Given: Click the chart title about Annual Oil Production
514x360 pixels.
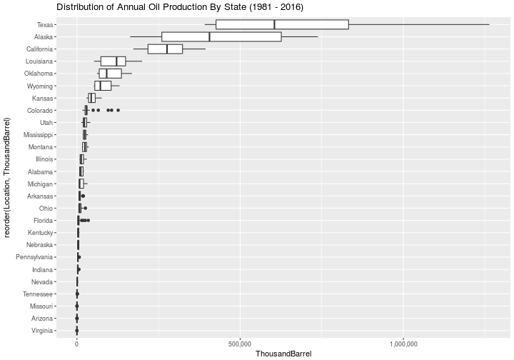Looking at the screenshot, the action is pos(180,7).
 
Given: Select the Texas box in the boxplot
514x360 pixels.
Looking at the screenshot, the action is pos(282,24).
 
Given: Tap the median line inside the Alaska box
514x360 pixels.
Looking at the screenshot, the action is pos(209,36).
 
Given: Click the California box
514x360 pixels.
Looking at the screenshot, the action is pos(165,49).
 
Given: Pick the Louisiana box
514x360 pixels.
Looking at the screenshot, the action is pos(113,61).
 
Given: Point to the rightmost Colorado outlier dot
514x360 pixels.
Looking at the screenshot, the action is pos(118,110).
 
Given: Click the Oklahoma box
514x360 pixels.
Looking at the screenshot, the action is pos(111,74).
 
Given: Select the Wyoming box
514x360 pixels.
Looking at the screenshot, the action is pos(103,86).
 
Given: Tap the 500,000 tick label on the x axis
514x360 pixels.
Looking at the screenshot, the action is pos(241,344).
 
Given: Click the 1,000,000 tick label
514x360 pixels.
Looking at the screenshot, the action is pos(403,344).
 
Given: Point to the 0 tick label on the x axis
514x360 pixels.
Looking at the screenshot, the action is pos(76,344).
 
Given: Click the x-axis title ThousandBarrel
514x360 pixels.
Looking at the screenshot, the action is pos(283,354).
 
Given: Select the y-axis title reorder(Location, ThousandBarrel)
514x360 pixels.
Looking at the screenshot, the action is pos(7,177).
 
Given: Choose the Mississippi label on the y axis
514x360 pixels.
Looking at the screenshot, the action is pos(38,135).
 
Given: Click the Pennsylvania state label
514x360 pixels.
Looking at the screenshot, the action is pos(34,257).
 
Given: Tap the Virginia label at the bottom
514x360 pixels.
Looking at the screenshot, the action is pos(42,331).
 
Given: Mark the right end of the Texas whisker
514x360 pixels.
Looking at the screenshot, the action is pos(489,24).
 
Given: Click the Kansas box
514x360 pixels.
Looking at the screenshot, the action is pos(92,98).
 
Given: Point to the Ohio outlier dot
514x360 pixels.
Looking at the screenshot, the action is pos(85,208).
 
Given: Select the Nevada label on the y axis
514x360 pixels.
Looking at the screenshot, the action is pos(42,282).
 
